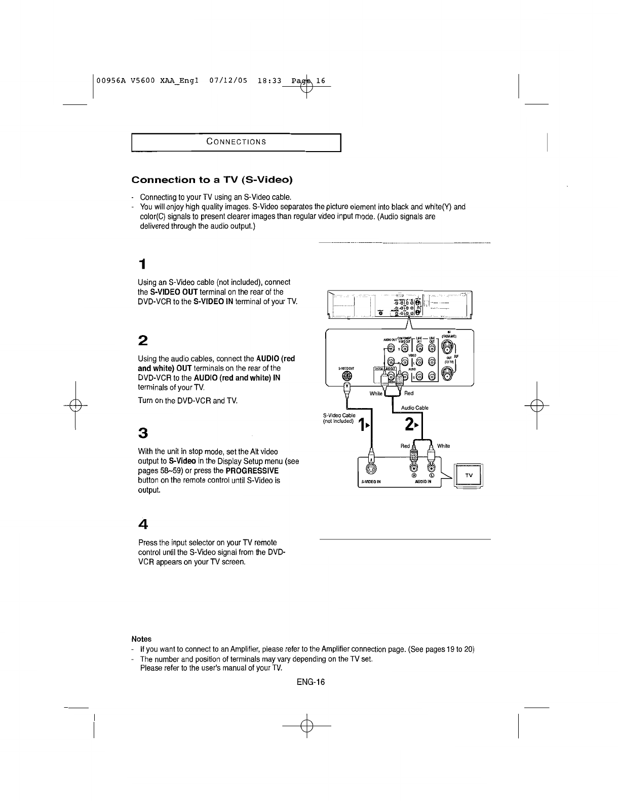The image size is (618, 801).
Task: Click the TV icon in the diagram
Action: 470,477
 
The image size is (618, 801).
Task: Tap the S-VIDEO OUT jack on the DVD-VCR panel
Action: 347,377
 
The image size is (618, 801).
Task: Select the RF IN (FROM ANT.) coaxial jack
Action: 448,347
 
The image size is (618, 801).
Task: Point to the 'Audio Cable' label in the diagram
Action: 415,408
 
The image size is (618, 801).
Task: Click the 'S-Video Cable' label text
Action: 339,415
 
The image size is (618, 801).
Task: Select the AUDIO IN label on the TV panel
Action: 422,483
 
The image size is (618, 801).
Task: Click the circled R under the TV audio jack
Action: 414,475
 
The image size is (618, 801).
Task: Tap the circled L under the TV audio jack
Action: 431,475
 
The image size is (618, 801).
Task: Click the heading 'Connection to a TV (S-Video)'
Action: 212,180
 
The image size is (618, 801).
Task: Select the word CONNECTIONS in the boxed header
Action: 237,141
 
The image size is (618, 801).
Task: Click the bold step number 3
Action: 143,433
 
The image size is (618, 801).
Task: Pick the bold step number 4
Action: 143,523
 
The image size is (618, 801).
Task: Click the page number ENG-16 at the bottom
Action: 311,682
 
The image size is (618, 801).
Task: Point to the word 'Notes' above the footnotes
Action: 141,639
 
